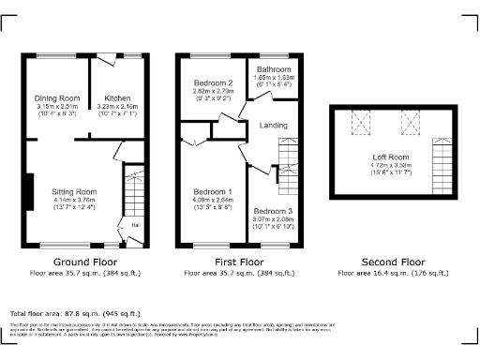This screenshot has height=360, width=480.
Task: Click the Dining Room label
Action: click(x=57, y=97)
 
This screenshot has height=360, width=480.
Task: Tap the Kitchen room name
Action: click(x=117, y=97)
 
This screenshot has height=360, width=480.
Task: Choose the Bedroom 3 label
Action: click(x=272, y=212)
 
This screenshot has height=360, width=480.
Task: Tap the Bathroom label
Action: click(x=275, y=70)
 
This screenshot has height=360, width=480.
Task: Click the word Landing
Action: click(x=275, y=125)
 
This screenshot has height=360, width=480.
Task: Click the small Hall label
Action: click(x=136, y=224)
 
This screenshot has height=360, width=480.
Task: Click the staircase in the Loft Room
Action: click(x=439, y=155)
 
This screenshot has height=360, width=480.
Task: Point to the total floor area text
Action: click(x=75, y=313)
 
